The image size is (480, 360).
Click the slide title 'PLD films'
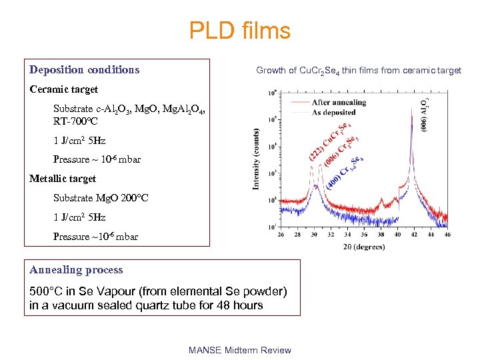(239, 31)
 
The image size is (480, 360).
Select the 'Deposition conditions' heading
(85, 69)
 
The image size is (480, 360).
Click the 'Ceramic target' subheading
(64, 89)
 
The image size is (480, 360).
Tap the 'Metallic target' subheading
(63, 179)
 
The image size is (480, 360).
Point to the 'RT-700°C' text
(75, 122)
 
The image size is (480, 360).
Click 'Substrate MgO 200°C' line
(101, 198)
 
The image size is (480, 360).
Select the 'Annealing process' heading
(76, 270)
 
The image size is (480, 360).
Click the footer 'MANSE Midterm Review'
(240, 350)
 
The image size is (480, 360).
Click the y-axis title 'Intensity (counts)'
(256, 159)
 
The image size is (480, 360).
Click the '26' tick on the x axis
(279, 234)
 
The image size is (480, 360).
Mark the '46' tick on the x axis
(447, 234)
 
